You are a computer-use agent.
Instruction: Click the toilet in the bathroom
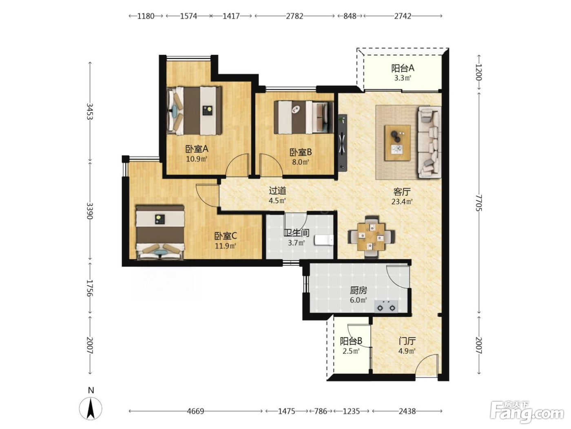324,240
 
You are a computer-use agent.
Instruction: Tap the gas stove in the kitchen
386,306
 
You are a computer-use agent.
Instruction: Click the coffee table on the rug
398,143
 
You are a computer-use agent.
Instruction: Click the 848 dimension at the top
350,16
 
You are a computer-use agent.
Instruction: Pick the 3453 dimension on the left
90,111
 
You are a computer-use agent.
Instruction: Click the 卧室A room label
197,149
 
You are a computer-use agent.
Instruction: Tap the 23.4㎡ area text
402,201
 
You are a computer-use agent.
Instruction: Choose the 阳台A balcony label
403,68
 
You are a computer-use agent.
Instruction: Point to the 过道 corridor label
277,191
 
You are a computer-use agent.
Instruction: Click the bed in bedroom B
303,118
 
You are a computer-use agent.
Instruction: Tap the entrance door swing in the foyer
427,365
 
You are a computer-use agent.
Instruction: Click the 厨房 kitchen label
359,290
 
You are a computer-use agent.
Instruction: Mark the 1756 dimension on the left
90,288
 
